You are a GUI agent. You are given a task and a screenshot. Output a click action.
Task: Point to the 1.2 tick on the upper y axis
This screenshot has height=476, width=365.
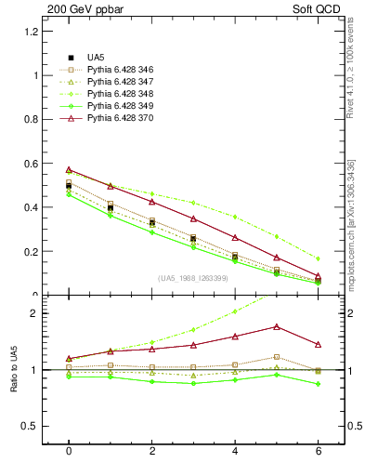pyautogui.click(x=30, y=31)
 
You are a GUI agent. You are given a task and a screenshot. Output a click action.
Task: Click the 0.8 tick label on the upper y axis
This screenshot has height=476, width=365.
pyautogui.click(x=30, y=119)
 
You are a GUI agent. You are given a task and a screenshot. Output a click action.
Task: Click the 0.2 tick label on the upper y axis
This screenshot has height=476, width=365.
pyautogui.click(x=30, y=251)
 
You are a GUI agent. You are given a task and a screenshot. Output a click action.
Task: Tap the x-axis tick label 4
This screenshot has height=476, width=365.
pyautogui.click(x=235, y=451)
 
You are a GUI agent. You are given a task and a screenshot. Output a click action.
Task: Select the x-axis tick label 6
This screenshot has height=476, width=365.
pyautogui.click(x=318, y=451)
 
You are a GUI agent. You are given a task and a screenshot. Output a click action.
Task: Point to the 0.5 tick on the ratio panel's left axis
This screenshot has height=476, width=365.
pyautogui.click(x=30, y=426)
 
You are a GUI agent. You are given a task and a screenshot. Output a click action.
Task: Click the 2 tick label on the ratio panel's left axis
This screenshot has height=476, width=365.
pyautogui.click(x=33, y=313)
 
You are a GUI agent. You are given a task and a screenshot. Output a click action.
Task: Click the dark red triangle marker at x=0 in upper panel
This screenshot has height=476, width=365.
pyautogui.click(x=69, y=169)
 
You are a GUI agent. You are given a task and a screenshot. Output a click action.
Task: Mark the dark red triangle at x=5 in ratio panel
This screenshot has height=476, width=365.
pyautogui.click(x=277, y=326)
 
